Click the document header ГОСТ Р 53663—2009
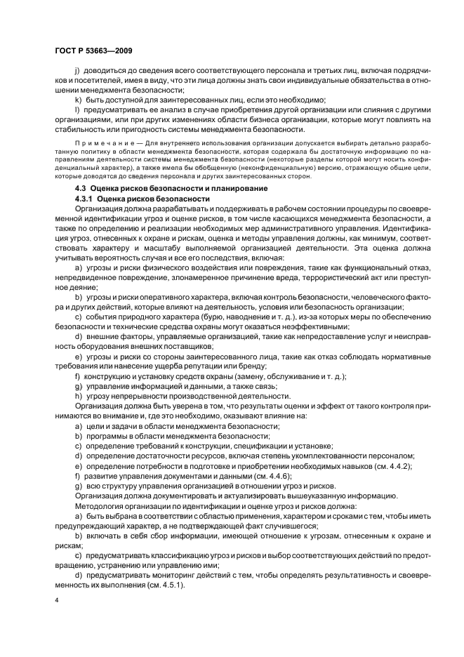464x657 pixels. tap(93, 51)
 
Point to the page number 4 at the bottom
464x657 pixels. tap(57, 601)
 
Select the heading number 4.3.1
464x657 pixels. tap(87, 199)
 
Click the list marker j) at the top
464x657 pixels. tap(77, 71)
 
